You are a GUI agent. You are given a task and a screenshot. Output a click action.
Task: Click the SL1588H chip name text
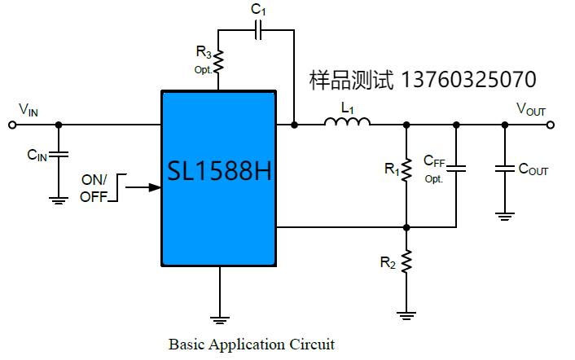(219, 173)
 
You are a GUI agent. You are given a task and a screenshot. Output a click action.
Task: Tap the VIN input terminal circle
(11, 125)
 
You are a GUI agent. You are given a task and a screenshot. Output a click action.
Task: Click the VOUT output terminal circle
(552, 125)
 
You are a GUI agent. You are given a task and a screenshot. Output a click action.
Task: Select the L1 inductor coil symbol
(347, 123)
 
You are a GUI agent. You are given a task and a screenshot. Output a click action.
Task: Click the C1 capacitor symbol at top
(258, 30)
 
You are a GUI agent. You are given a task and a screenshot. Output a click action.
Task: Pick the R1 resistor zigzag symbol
(406, 170)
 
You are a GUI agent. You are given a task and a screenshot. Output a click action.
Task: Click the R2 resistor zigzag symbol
(406, 261)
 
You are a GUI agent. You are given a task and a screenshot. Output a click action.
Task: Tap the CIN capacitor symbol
(58, 155)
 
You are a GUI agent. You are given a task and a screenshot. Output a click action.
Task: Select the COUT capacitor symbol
(505, 169)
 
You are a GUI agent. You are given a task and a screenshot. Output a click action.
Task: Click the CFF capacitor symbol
(456, 169)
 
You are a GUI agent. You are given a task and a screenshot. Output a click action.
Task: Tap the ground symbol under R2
(406, 313)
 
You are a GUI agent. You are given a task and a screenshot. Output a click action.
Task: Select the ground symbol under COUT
(505, 215)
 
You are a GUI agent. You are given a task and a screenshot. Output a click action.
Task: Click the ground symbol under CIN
(58, 198)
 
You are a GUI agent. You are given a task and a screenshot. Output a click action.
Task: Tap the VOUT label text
(531, 109)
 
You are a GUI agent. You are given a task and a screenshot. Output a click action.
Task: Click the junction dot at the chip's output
(293, 125)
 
